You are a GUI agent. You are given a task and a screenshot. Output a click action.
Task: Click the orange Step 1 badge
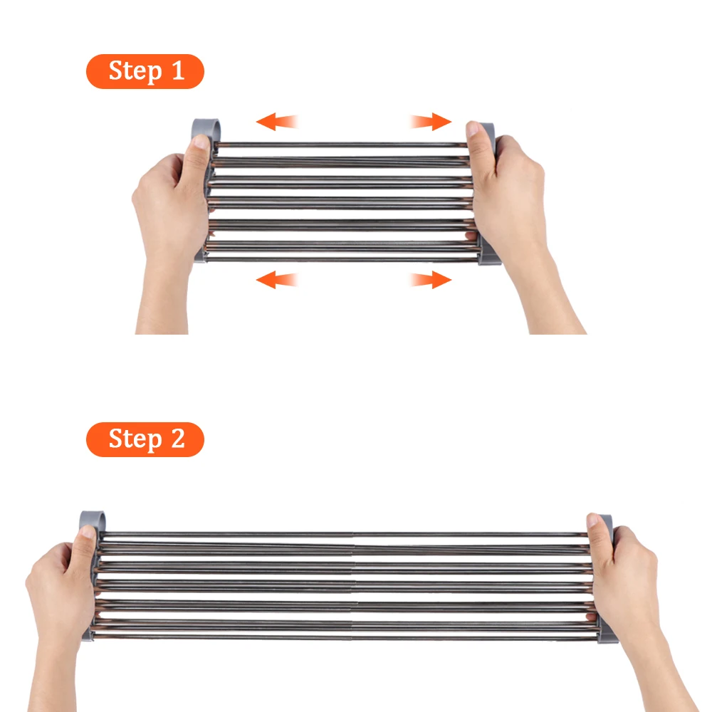click(145, 71)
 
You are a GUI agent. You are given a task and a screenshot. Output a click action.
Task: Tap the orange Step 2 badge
click(145, 439)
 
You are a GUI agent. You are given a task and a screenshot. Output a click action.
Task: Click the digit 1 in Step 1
click(177, 70)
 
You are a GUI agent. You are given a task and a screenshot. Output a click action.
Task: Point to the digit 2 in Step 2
click(177, 438)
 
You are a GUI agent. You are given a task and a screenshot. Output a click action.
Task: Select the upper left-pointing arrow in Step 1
click(277, 121)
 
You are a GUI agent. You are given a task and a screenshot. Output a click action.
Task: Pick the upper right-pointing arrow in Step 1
click(431, 121)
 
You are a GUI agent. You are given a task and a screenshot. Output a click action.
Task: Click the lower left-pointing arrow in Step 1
click(277, 279)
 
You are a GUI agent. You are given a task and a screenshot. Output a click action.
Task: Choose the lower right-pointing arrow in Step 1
click(431, 279)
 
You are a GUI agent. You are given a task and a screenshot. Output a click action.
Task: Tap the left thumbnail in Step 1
click(200, 141)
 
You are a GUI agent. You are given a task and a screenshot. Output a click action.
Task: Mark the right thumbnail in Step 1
click(473, 129)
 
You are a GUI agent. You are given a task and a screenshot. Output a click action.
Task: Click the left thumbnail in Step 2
click(88, 532)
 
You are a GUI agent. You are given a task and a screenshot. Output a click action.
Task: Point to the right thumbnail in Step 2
click(593, 520)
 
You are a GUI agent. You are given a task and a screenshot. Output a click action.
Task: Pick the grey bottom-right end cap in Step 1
click(490, 257)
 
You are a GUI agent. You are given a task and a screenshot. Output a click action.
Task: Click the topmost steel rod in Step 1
click(340, 145)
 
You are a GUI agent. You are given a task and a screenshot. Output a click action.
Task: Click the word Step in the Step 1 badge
click(135, 71)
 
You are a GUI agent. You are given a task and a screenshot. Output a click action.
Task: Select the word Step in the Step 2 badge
click(135, 439)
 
